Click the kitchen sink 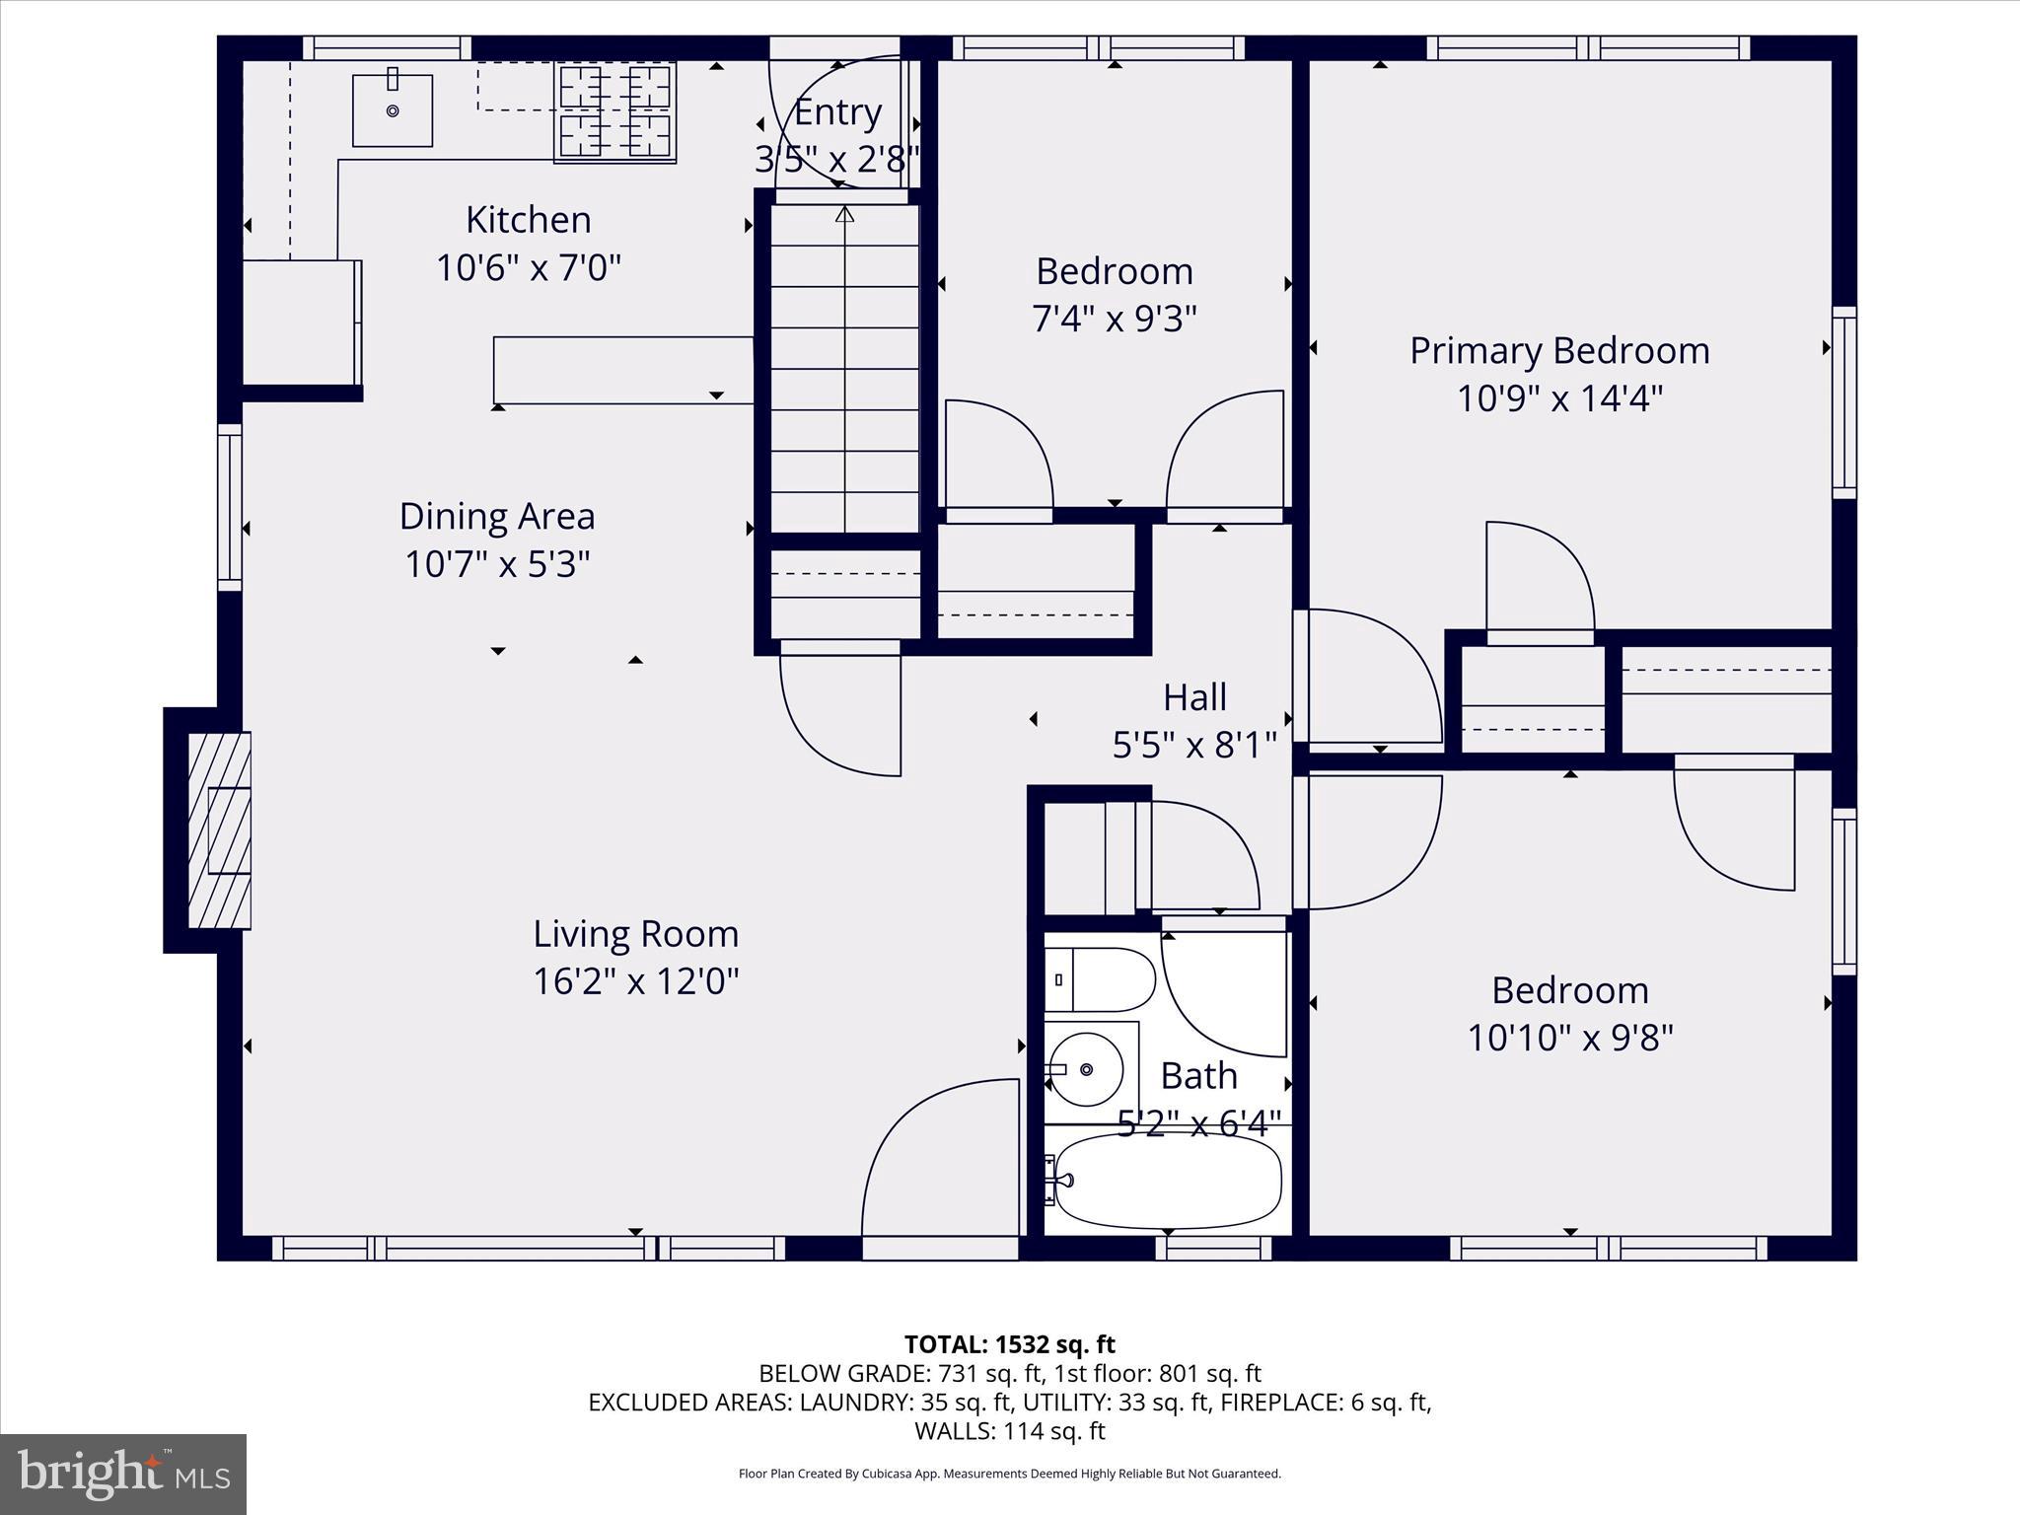393,109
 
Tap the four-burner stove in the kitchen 615,111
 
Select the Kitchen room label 528,220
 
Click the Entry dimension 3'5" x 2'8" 836,159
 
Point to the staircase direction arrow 844,214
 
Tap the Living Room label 635,934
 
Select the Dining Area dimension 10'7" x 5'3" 497,564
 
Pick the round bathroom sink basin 1086,1069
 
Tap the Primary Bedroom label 1558,351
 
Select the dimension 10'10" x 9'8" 1570,1038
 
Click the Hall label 1194,697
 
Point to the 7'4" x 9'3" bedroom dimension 1115,319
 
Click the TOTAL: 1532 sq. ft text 1009,1344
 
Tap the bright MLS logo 123,1474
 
